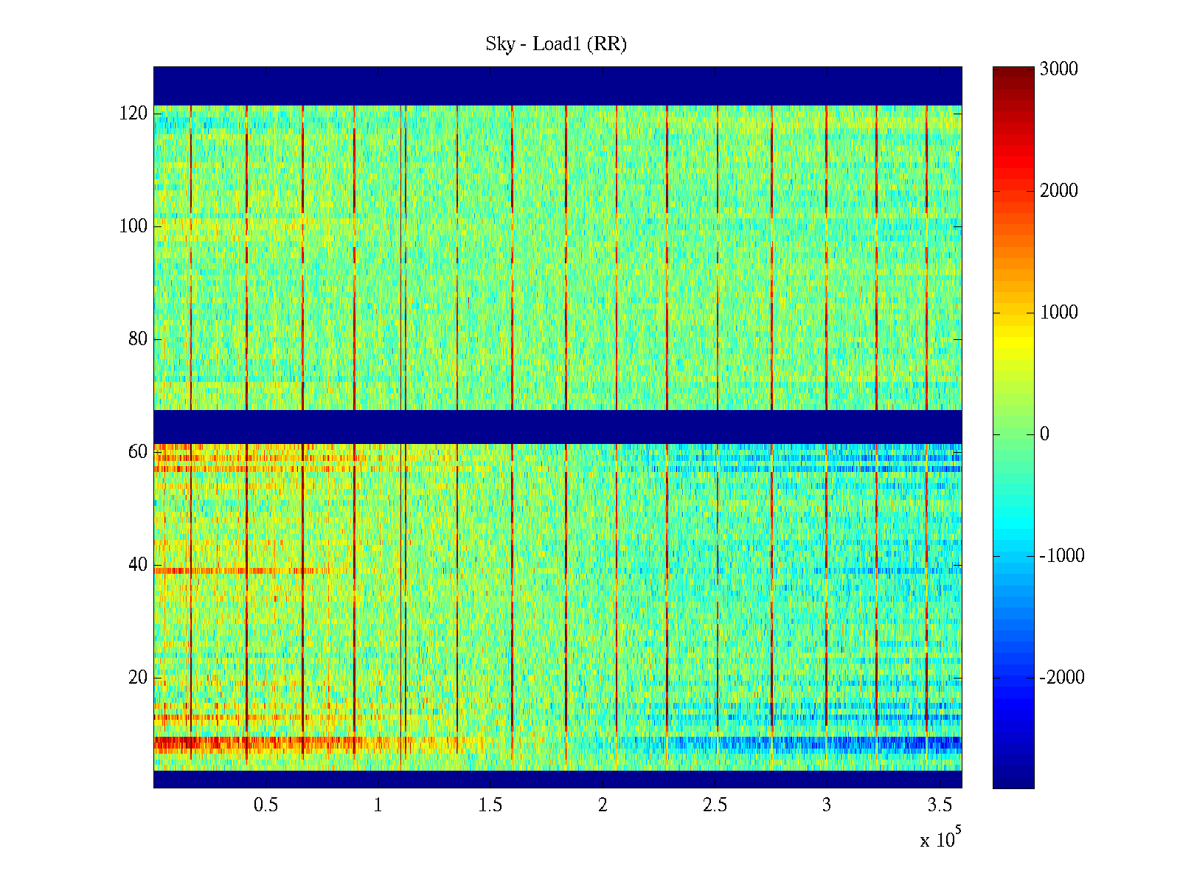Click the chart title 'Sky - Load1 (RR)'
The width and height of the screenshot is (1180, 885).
(x=556, y=44)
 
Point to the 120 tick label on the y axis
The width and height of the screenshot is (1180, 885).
(x=133, y=114)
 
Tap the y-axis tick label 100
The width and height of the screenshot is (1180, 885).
(x=133, y=226)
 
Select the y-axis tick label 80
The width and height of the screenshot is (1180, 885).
(x=137, y=339)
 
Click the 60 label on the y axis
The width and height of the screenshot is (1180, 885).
(x=137, y=452)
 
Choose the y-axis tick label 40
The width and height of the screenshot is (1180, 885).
(x=137, y=565)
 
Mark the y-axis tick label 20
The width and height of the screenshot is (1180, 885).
(x=137, y=678)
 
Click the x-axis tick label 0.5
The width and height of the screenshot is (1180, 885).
(x=265, y=805)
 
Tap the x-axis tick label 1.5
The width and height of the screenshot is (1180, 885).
(x=490, y=805)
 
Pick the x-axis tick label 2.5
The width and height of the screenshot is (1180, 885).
(x=715, y=805)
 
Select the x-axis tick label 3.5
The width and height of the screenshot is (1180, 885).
(x=939, y=805)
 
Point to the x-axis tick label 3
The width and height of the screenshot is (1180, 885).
(x=827, y=805)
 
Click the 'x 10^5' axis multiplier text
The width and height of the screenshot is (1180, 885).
(x=940, y=839)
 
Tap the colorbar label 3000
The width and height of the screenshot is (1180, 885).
(x=1058, y=69)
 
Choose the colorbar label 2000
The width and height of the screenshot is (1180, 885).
(x=1058, y=191)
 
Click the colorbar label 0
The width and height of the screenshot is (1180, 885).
(x=1044, y=434)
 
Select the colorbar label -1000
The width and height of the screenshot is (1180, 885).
(x=1061, y=556)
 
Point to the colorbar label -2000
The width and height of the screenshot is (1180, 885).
(x=1061, y=678)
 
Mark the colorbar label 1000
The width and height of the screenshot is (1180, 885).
(x=1058, y=313)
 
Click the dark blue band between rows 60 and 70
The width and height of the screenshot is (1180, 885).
(x=558, y=426)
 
